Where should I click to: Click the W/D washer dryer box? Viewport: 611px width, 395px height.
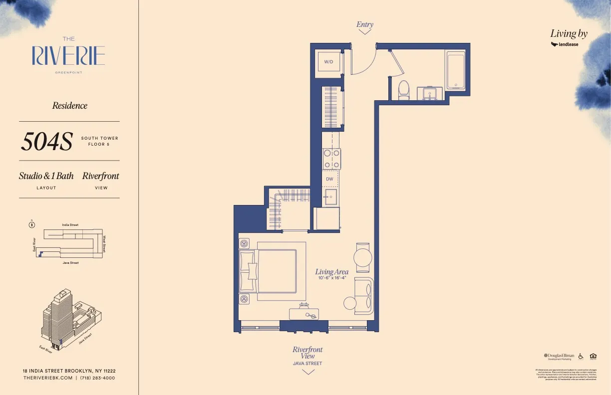click(328, 62)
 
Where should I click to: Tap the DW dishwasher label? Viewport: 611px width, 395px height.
click(329, 179)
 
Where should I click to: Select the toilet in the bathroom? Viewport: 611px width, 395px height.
click(404, 89)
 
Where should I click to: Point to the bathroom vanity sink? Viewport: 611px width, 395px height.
click(429, 93)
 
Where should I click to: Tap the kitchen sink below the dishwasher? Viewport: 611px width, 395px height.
click(330, 197)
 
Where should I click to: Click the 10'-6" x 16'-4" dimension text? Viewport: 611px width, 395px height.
click(332, 278)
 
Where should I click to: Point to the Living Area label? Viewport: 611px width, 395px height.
click(331, 272)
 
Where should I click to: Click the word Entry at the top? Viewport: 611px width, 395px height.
click(365, 24)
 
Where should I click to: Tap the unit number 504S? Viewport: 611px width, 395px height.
click(46, 142)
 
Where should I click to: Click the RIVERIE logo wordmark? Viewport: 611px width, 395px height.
click(68, 55)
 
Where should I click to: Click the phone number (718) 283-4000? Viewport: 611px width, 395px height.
click(97, 378)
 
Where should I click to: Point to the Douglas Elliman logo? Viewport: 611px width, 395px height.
click(559, 356)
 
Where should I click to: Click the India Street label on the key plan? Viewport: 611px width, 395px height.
click(70, 225)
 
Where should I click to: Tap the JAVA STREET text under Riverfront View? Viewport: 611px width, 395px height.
click(307, 364)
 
